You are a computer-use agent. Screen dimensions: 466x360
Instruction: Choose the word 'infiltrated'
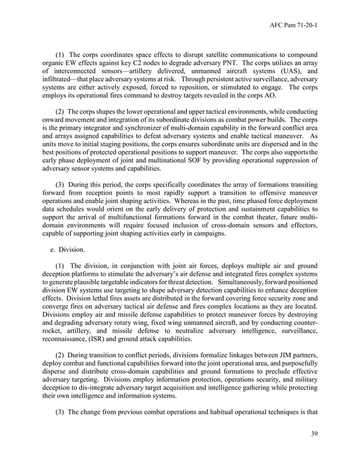click(x=59, y=80)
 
